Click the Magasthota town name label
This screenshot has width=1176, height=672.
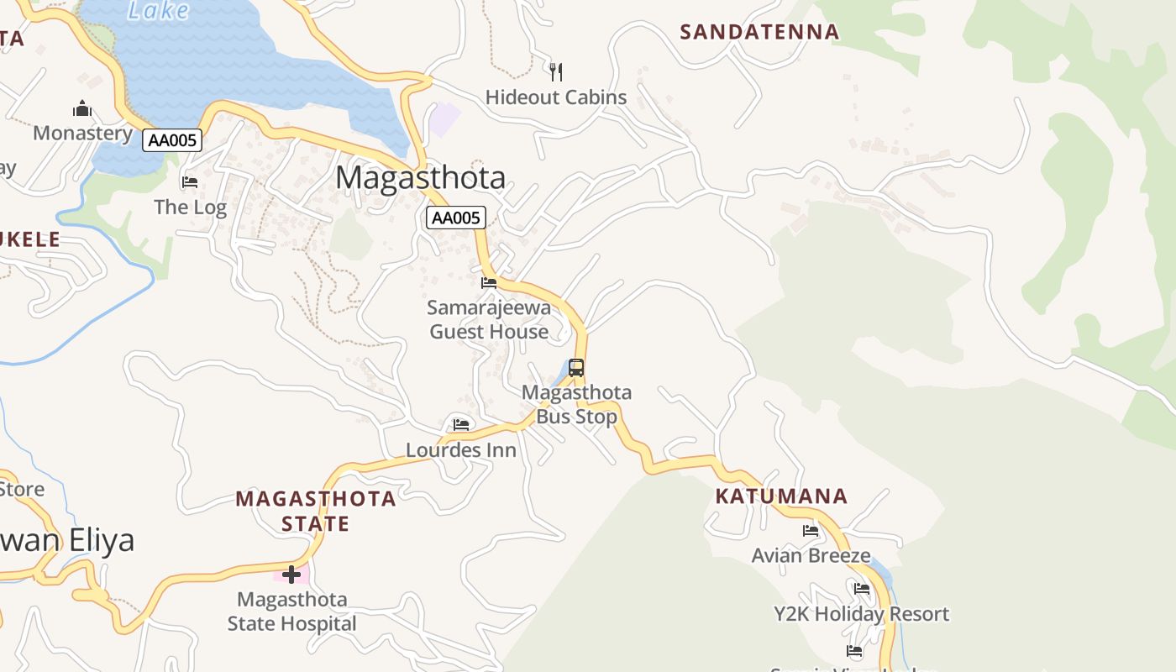(421, 178)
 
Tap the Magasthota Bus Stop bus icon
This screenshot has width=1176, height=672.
(576, 368)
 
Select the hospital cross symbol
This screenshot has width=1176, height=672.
(291, 575)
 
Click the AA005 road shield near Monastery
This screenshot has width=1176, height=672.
(172, 140)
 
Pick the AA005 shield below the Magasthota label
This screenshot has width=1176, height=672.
(455, 218)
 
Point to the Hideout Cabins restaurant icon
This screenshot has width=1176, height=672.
(555, 71)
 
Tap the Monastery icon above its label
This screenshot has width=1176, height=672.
(82, 109)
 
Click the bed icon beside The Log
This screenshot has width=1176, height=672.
(190, 181)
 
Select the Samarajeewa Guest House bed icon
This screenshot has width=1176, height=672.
(489, 283)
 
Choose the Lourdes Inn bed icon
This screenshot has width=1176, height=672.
(461, 425)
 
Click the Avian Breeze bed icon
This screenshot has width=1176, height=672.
(811, 531)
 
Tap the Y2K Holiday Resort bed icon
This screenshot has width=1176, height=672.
(862, 589)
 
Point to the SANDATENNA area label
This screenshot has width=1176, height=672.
(759, 33)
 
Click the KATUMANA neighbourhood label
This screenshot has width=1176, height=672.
(781, 496)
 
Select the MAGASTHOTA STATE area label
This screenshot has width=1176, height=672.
(316, 511)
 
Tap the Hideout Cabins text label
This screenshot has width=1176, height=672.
(556, 97)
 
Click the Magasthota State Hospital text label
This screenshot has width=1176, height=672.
(292, 612)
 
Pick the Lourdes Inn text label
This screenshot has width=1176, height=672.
(461, 450)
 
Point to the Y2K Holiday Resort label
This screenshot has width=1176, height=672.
(862, 614)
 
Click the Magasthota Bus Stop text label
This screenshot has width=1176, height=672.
(576, 404)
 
